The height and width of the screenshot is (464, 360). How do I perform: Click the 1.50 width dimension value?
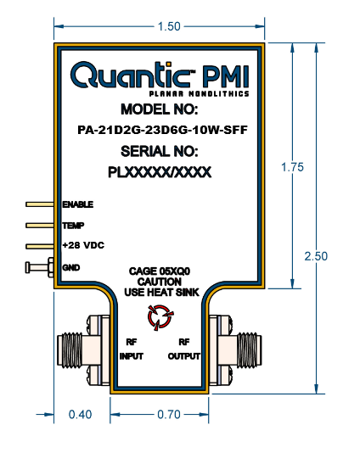(x=169, y=26)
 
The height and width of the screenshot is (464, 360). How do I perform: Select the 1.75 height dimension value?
(x=292, y=167)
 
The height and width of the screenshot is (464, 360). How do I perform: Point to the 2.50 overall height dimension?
(x=316, y=256)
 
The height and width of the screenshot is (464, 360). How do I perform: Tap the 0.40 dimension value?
(x=80, y=414)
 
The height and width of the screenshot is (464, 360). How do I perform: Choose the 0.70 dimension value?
(x=169, y=414)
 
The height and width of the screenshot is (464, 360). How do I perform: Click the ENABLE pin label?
(x=78, y=204)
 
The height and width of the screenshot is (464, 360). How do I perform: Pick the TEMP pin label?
(x=73, y=226)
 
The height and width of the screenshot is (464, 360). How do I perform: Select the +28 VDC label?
(x=83, y=245)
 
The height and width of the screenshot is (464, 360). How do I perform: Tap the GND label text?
(x=71, y=267)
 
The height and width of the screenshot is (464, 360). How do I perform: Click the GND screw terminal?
(x=39, y=267)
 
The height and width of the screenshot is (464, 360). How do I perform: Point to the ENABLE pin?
(x=40, y=204)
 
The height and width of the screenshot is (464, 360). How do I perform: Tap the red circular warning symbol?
(x=160, y=317)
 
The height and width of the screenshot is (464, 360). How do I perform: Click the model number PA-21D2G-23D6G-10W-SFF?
(x=162, y=130)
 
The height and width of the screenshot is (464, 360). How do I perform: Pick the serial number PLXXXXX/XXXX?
(x=160, y=172)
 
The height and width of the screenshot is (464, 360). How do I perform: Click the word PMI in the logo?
(x=226, y=75)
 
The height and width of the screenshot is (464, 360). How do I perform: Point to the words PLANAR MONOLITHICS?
(x=199, y=94)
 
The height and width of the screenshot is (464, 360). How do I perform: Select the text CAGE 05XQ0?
(x=160, y=271)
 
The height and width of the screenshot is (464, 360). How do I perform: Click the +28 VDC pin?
(x=40, y=246)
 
